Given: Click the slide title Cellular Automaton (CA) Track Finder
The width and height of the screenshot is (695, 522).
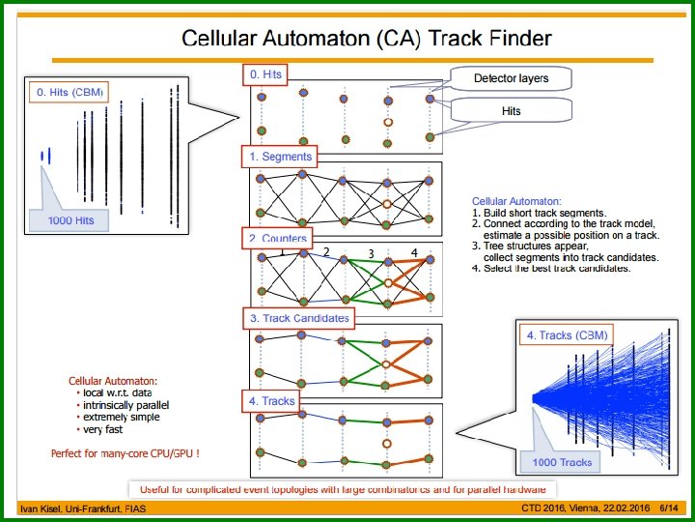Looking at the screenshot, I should [x=367, y=39].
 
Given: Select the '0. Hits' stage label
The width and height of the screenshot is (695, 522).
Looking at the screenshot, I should [x=266, y=73].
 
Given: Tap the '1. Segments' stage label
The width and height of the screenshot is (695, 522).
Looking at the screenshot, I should [x=280, y=156].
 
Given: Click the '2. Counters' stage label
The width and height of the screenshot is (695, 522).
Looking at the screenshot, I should [x=278, y=238].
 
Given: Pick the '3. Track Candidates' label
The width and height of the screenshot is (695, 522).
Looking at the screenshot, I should [x=299, y=317].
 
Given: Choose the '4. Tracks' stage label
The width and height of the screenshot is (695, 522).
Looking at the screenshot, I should [x=271, y=400].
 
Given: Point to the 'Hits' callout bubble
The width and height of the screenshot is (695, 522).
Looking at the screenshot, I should [x=511, y=111].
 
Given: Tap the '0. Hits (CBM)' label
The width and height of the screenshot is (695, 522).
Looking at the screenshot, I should [x=69, y=93].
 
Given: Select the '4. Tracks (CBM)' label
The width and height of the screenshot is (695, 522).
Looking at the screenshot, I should [x=568, y=335].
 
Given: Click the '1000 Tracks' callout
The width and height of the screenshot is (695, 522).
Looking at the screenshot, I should [x=563, y=462].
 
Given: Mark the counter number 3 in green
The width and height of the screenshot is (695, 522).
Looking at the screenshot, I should [x=370, y=254].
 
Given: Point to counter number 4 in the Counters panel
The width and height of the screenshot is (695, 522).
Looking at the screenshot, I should [x=413, y=253].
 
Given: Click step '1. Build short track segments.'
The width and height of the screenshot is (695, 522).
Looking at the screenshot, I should [x=539, y=213].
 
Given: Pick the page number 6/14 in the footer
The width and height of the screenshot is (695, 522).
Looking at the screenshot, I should [x=668, y=507].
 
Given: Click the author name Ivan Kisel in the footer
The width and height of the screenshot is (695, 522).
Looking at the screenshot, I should [x=45, y=508].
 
